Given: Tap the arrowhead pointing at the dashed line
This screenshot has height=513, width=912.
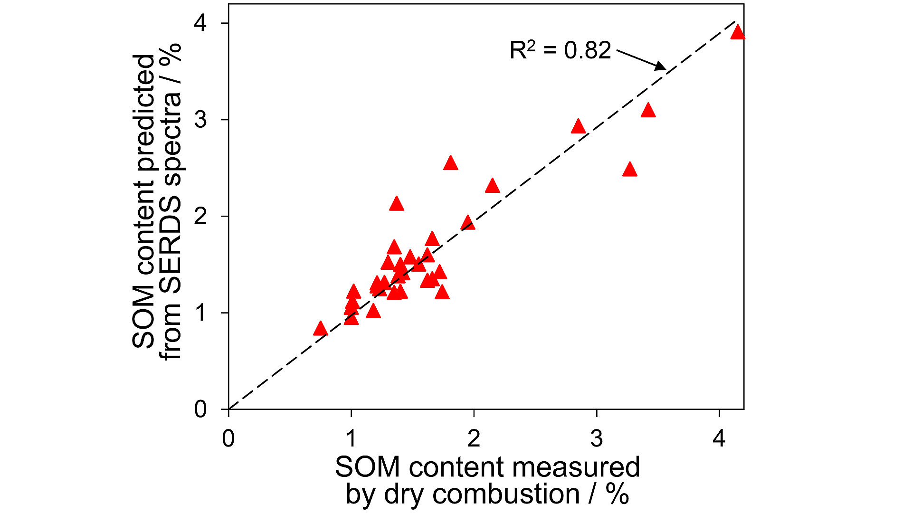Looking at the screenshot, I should (x=661, y=66).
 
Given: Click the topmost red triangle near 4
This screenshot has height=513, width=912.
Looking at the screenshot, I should (x=737, y=33).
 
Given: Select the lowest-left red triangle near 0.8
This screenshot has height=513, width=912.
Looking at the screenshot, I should (x=321, y=329).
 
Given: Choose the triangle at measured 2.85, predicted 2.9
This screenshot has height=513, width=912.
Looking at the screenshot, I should (x=578, y=127).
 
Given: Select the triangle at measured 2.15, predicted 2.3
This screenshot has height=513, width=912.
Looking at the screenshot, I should (x=493, y=186).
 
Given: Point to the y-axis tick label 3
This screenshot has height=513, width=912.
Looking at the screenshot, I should (x=200, y=120).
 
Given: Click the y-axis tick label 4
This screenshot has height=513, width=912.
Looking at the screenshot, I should (x=200, y=23).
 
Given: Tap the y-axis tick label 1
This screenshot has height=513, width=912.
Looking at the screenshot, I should (x=200, y=313).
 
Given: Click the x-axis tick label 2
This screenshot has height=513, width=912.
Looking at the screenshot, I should (x=474, y=438).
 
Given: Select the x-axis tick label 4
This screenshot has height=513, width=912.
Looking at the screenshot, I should (x=719, y=438).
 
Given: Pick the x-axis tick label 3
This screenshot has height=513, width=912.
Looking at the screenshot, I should (x=597, y=438).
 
